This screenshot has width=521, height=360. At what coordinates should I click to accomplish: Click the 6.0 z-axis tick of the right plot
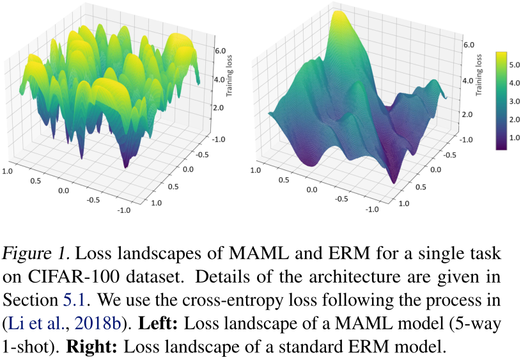coord(468,45)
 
